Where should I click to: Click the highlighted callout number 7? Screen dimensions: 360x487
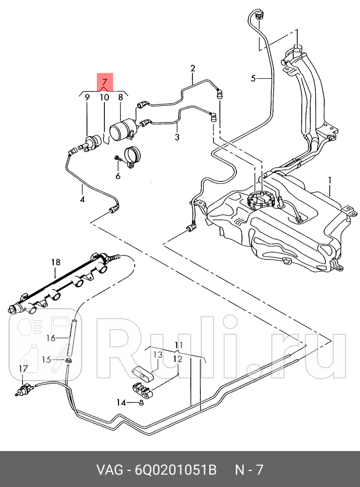104,82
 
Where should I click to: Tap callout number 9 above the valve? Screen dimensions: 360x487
87,97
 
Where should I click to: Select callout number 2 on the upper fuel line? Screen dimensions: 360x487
193,68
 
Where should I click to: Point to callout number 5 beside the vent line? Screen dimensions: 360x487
254,79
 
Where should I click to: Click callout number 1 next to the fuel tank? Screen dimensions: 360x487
329,180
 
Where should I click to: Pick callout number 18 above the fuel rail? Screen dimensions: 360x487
56,263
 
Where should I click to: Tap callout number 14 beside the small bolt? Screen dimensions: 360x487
121,403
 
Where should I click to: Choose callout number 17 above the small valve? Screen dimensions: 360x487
24,369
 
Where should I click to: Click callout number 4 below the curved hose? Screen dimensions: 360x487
82,199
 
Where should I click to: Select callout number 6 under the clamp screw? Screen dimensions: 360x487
118,176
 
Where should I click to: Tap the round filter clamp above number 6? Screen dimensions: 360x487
132,157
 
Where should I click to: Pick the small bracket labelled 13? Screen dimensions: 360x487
142,373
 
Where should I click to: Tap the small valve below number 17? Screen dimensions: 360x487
25,390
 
